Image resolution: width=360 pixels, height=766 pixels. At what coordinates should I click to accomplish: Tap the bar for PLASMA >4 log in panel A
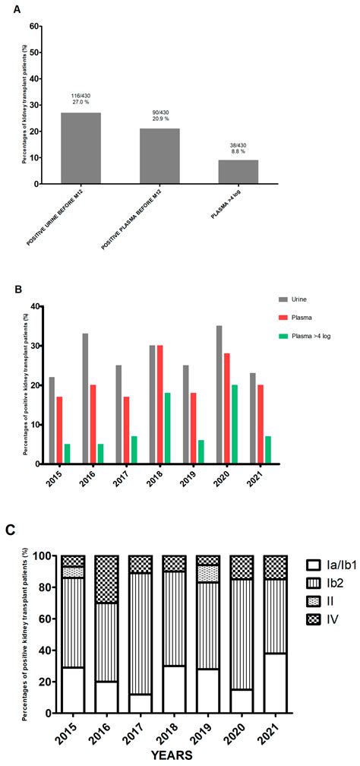pos(238,172)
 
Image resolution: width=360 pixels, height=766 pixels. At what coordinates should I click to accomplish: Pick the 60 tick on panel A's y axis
pos(33,26)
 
